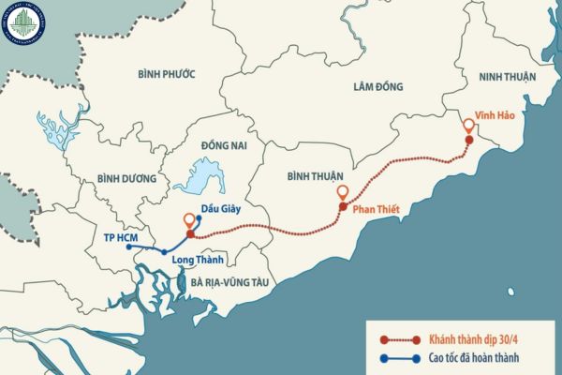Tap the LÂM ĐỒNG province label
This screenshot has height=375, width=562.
378,86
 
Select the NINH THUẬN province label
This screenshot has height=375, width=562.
507,79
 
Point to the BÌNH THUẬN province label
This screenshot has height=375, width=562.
314,175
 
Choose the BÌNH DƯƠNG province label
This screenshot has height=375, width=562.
125,178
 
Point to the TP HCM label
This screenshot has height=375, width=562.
123,238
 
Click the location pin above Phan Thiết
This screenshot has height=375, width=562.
343,194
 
